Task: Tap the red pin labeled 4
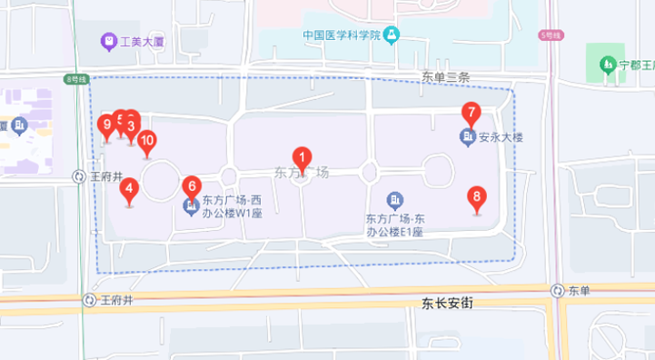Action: point(130,191)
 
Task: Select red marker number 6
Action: point(192,186)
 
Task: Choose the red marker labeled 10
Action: point(146,142)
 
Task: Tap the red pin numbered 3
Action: point(132,127)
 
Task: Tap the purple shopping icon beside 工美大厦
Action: point(108,42)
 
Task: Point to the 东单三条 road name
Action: point(445,78)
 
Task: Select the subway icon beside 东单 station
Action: point(557,292)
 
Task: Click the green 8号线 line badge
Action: point(77,80)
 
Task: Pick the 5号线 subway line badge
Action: point(551,35)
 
